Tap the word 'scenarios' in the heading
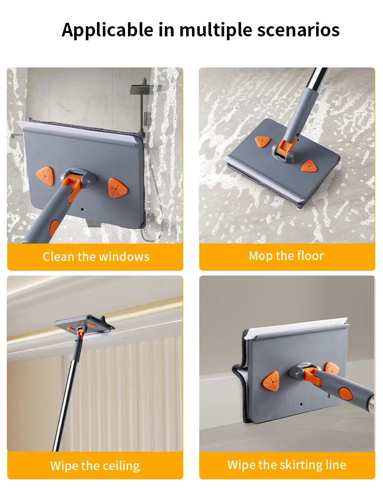click(297, 30)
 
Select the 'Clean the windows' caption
click(96, 257)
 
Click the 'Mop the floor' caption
click(286, 256)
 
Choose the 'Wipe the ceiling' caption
click(95, 466)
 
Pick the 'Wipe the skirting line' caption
click(287, 465)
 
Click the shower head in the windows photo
click(145, 88)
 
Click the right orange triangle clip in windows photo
click(117, 186)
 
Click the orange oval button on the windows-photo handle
click(54, 228)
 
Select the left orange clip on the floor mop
click(262, 142)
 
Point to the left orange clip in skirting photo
click(272, 380)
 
